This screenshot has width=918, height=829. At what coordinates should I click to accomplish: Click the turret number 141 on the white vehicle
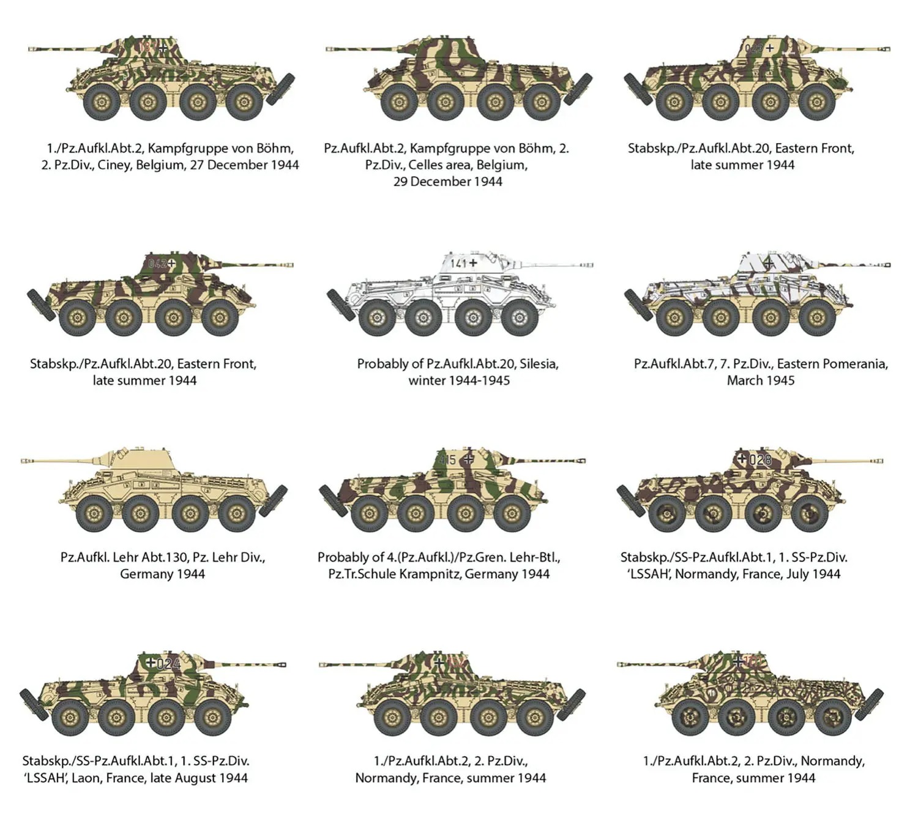point(458,263)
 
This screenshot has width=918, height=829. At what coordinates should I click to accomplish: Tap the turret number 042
point(157,264)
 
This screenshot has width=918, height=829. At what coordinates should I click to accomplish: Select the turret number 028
point(760,459)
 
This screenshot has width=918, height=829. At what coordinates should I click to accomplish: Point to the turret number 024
point(168,663)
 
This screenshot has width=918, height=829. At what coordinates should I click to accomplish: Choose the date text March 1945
point(761,381)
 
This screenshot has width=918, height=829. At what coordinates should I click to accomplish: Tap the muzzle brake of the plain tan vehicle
point(24,460)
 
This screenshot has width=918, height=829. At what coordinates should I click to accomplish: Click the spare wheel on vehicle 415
point(333,500)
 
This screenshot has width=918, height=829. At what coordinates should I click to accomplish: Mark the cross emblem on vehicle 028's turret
point(742,458)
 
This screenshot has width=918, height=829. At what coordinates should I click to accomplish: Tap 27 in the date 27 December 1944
point(197,165)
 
